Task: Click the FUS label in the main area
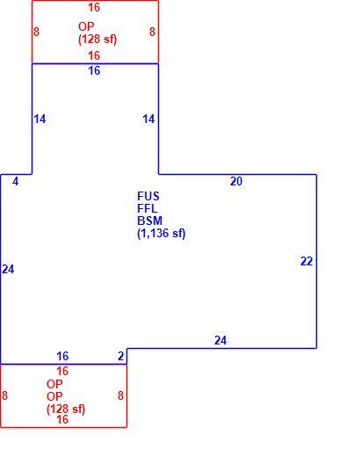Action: coord(148,197)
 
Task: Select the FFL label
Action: coord(148,208)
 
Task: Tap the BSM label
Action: coord(149,221)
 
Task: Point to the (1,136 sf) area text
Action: coord(162,234)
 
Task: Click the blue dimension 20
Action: coord(236,181)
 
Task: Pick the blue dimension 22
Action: coord(306,261)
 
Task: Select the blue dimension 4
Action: coord(16,181)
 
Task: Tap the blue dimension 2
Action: coord(120,356)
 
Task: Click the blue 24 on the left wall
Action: coord(8,270)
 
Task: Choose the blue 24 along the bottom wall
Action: coord(220,340)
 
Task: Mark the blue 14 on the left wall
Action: coord(40,120)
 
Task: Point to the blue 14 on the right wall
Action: coord(148,120)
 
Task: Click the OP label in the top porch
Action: coord(86,26)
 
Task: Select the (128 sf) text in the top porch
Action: coord(97,40)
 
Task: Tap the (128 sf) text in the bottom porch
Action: coord(66,409)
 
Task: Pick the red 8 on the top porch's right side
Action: coord(152,32)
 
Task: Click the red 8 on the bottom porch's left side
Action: coord(4,395)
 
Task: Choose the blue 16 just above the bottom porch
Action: coord(62,356)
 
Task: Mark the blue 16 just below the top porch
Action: coord(94,71)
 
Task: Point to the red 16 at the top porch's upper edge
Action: coord(94,8)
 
